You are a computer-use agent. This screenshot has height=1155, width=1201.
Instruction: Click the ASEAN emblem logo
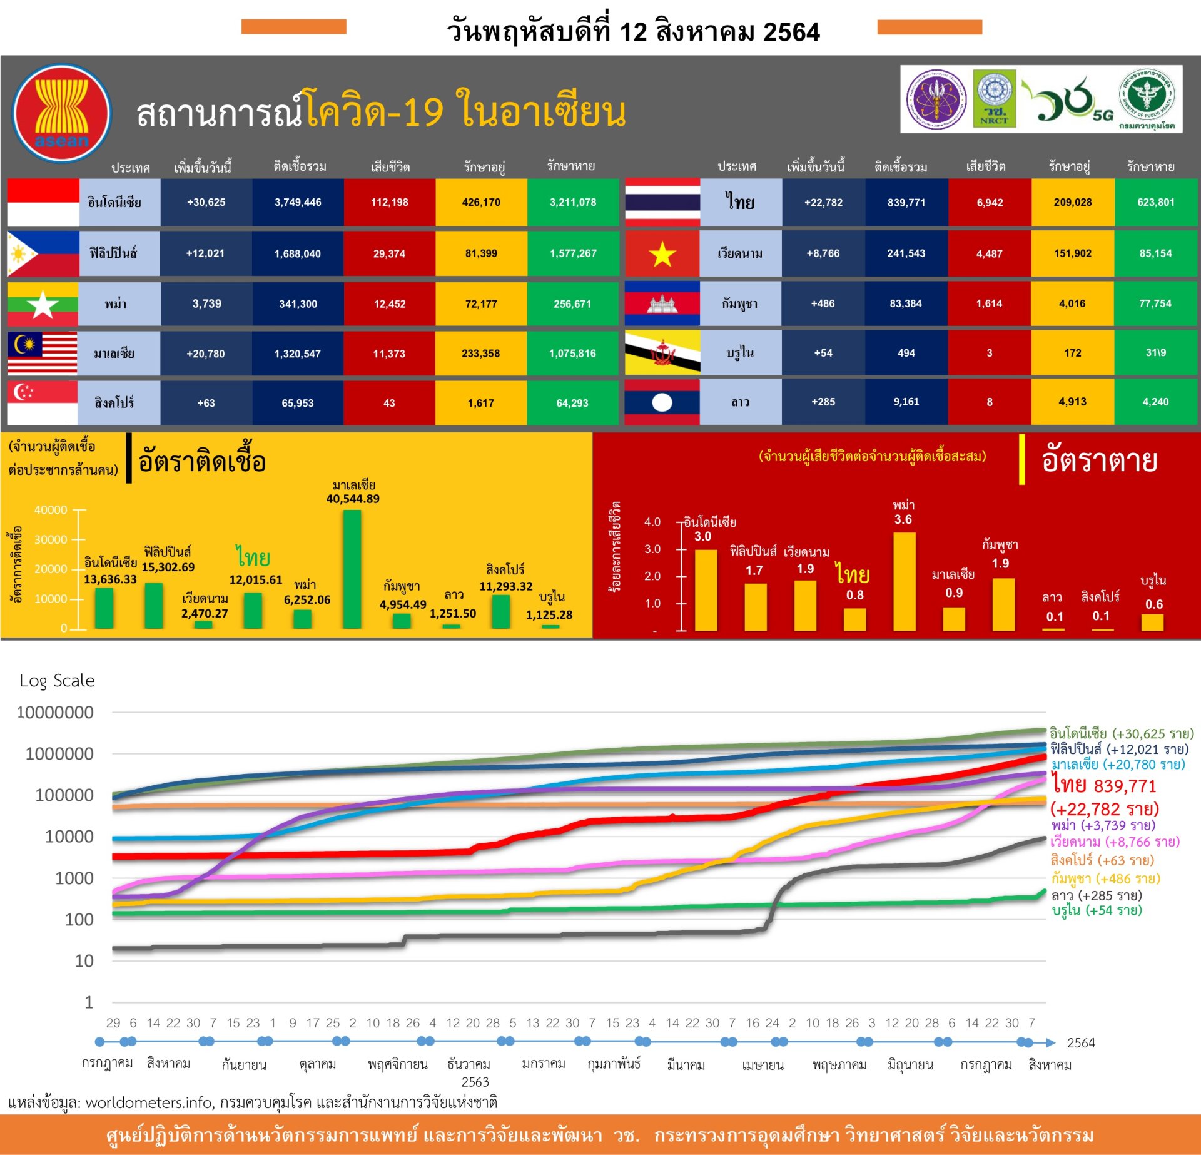tap(61, 113)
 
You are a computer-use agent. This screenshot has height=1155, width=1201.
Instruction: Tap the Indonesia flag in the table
tap(43, 202)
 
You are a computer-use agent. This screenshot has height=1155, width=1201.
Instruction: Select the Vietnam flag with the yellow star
tap(662, 253)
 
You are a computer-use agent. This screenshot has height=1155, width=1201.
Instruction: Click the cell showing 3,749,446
tap(298, 202)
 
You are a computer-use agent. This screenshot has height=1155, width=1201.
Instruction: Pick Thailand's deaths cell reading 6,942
tap(990, 203)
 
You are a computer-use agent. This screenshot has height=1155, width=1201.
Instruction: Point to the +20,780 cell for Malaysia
tap(206, 354)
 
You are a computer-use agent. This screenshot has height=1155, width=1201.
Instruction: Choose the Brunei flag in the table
tap(662, 353)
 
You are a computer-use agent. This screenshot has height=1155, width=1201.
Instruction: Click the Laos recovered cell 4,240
tap(1155, 402)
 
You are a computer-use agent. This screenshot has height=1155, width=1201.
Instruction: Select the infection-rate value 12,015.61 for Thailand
tap(256, 579)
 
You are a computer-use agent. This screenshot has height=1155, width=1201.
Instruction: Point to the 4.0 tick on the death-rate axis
tap(652, 522)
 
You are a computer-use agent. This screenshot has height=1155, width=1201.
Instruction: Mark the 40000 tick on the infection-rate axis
tap(51, 510)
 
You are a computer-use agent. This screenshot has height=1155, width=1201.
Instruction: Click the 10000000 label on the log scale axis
tap(56, 712)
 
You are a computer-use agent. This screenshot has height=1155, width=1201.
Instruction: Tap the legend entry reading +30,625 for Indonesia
tap(1121, 733)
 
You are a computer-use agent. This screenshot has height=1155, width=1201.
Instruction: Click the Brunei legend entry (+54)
tap(1097, 910)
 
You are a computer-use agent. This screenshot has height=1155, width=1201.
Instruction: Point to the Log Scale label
tap(57, 680)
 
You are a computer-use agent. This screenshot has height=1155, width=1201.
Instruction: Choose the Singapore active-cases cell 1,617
tap(481, 403)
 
